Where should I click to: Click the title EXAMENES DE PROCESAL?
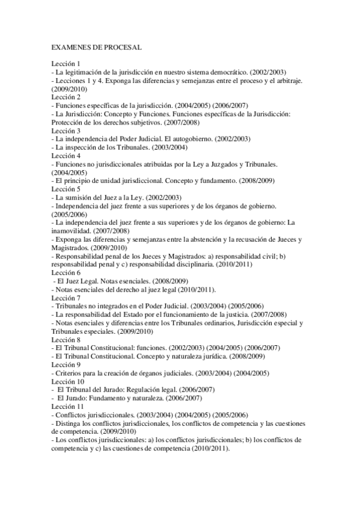[x=97, y=46]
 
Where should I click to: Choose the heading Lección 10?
[x=69, y=381]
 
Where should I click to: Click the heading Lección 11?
[x=69, y=407]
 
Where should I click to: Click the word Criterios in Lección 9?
[x=68, y=373]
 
